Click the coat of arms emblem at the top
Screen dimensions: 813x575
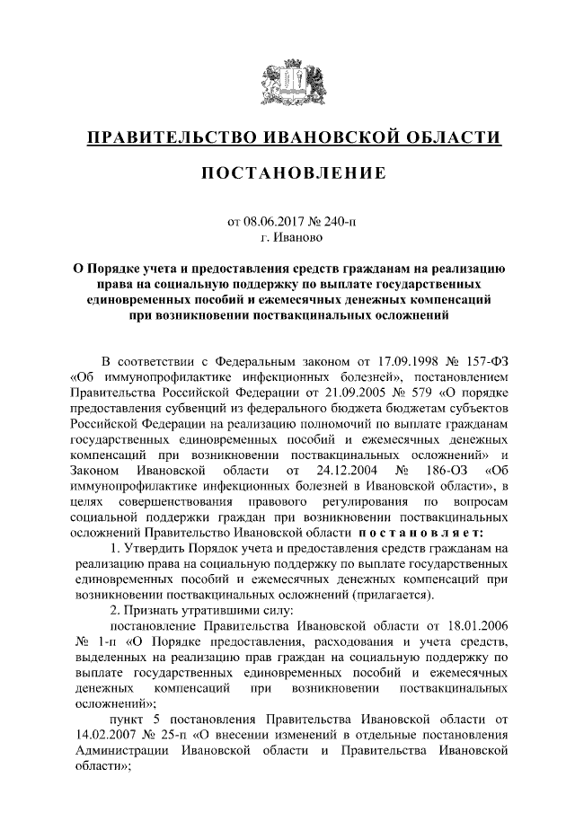pos(287,85)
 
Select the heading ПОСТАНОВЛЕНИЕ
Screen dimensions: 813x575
pos(287,172)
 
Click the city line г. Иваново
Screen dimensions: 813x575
pos(287,238)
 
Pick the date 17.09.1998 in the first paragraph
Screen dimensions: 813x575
pos(409,361)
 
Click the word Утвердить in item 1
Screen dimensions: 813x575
pos(155,549)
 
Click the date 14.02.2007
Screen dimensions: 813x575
pos(111,735)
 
